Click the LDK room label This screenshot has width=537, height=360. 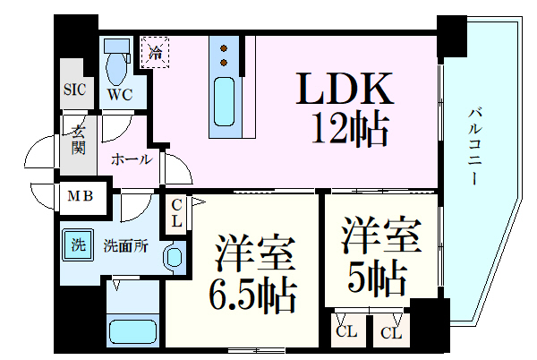click(x=345, y=90)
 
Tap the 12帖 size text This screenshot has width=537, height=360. click(x=350, y=131)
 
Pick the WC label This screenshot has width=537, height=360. click(x=120, y=91)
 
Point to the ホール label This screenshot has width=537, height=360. click(x=129, y=160)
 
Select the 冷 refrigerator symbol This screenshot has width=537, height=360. click(x=155, y=51)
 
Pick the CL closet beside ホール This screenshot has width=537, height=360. click(x=176, y=212)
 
